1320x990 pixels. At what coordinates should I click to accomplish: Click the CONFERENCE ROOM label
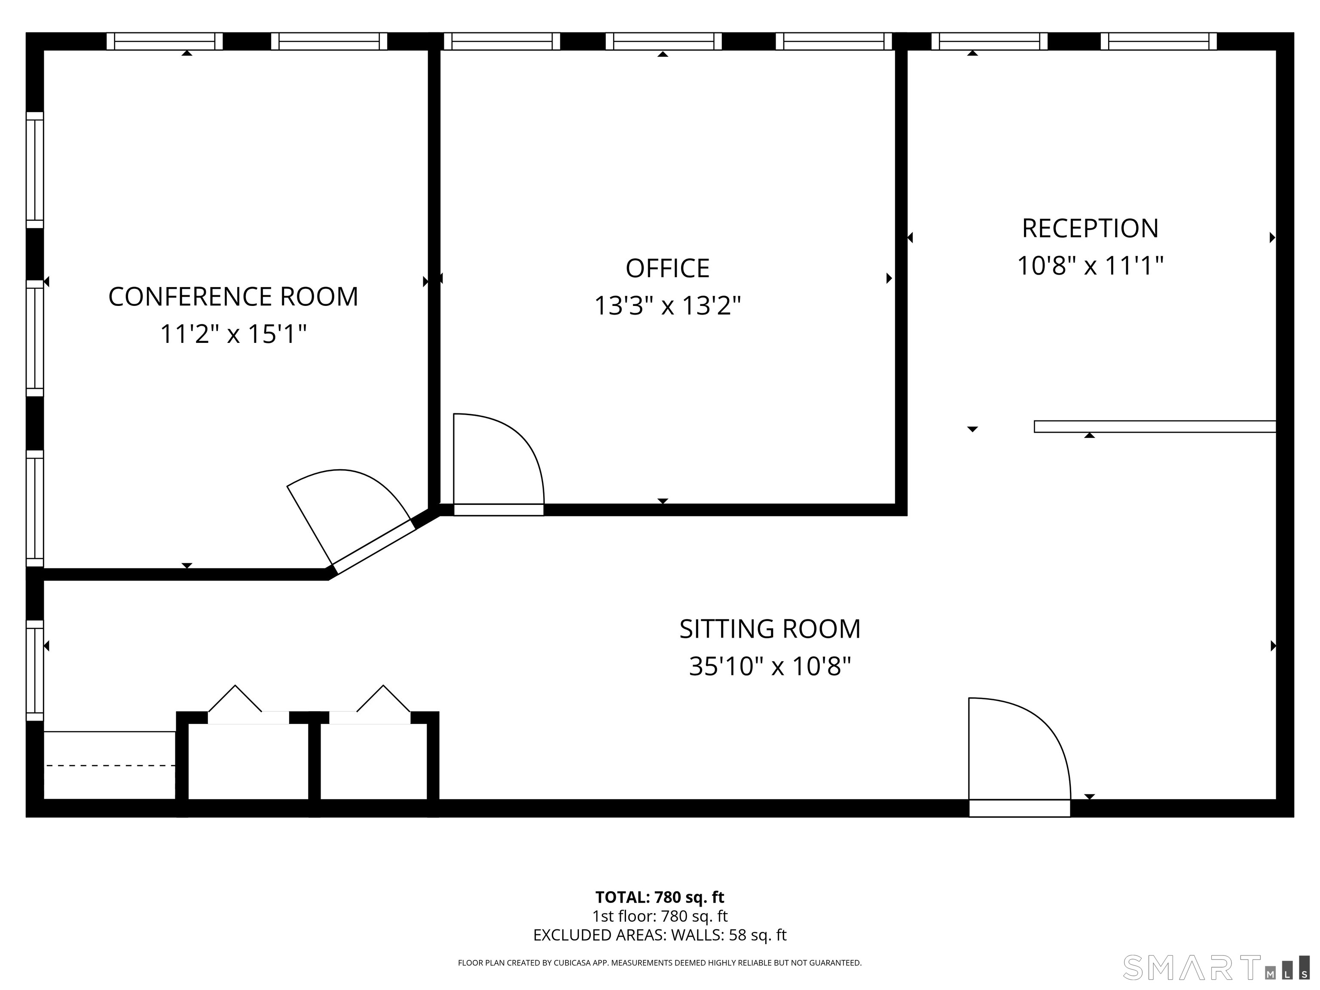pyautogui.click(x=233, y=296)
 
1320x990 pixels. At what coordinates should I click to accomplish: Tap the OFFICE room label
pyautogui.click(x=667, y=269)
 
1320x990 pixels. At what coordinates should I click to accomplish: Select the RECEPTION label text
pyautogui.click(x=1090, y=229)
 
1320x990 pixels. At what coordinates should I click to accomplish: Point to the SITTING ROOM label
pyautogui.click(x=770, y=629)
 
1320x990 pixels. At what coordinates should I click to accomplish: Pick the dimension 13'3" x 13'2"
pyautogui.click(x=667, y=306)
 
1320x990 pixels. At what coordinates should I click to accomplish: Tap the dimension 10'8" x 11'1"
pyautogui.click(x=1090, y=266)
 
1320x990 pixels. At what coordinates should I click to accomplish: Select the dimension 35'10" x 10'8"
pyautogui.click(x=770, y=666)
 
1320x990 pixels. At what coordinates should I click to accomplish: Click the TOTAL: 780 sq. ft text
pyautogui.click(x=660, y=897)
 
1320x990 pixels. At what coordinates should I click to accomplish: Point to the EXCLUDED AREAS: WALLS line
pyautogui.click(x=660, y=935)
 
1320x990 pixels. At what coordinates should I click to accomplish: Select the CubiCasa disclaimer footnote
pyautogui.click(x=660, y=962)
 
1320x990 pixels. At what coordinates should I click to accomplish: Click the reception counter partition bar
pyautogui.click(x=1155, y=427)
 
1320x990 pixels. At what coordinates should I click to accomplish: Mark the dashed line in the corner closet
pyautogui.click(x=110, y=765)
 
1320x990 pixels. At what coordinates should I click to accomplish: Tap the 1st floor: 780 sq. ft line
pyautogui.click(x=660, y=916)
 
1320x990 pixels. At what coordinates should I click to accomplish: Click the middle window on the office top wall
pyautogui.click(x=663, y=41)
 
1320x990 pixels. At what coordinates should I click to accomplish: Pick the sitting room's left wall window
pyautogui.click(x=35, y=670)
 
